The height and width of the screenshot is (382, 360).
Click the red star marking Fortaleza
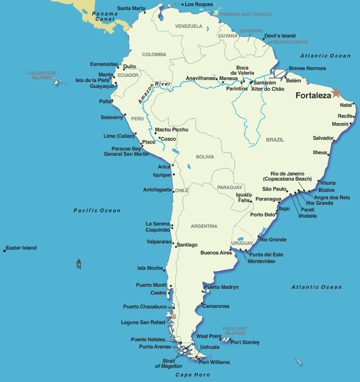pyautogui.click(x=336, y=93)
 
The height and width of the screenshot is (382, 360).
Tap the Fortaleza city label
pyautogui.click(x=313, y=95)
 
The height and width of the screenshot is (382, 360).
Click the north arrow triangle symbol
pyautogui.click(x=79, y=261)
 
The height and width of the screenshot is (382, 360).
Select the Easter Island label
pyautogui.click(x=22, y=248)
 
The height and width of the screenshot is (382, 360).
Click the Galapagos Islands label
pyautogui.click(x=41, y=76)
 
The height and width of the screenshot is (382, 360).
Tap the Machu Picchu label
pyautogui.click(x=172, y=130)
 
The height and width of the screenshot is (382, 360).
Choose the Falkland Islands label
pyautogui.click(x=235, y=331)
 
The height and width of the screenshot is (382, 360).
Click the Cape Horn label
pyautogui.click(x=192, y=374)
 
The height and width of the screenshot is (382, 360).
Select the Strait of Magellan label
pyautogui.click(x=169, y=363)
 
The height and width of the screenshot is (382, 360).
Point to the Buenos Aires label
pyautogui.click(x=216, y=253)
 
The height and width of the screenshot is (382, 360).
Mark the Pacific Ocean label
pyautogui.click(x=97, y=211)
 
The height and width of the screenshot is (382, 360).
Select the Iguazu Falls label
pyautogui.click(x=243, y=197)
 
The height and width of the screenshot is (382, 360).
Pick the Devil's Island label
pyautogui.click(x=279, y=36)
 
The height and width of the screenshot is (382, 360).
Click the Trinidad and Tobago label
pyautogui.click(x=246, y=14)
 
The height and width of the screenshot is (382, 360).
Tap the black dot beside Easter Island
pyautogui.click(x=5, y=250)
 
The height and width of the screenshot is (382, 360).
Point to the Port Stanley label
pyautogui.click(x=245, y=342)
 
